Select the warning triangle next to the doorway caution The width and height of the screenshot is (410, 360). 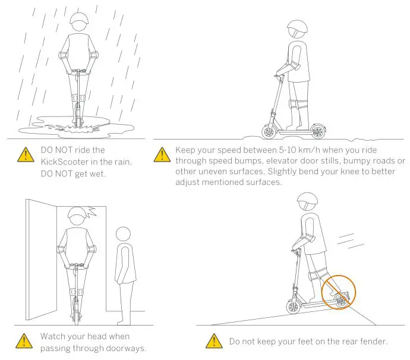click(x=24, y=341)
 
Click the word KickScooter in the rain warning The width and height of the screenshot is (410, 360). click(x=67, y=161)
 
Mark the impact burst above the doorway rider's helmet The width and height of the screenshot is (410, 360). click(x=93, y=211)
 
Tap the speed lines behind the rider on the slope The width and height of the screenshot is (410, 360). click(x=351, y=240)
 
